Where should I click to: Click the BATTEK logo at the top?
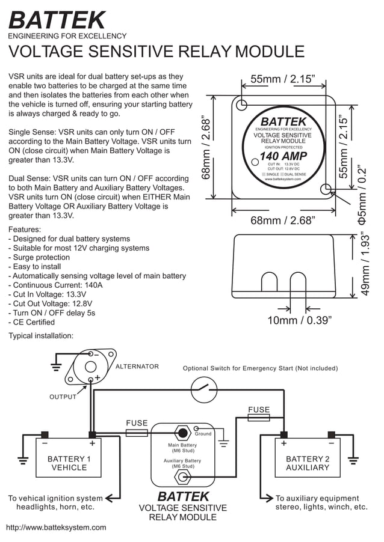point(57,20)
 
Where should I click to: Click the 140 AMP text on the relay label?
point(283,157)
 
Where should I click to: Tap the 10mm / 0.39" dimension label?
point(299,320)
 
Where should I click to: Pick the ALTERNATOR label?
point(137,367)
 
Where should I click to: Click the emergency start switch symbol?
point(204,390)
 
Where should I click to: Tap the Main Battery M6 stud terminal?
point(181,433)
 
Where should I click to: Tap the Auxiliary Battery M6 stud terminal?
point(181,478)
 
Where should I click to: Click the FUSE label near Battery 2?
point(259,410)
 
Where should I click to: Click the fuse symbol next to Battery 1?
point(137,433)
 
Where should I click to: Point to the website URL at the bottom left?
point(56,528)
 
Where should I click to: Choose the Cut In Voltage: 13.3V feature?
point(48,294)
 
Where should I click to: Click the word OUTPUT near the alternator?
point(63,397)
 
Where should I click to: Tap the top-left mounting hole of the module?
point(241,105)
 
